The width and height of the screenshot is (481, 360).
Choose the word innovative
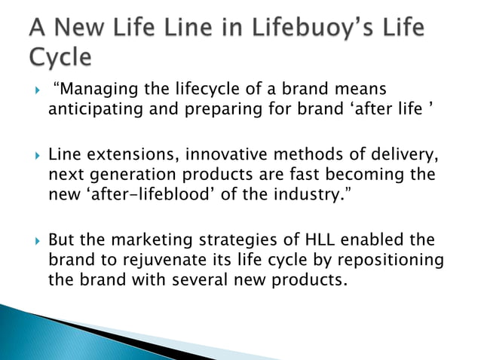click(218, 156)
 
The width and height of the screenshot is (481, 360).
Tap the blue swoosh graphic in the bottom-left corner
click(45, 331)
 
